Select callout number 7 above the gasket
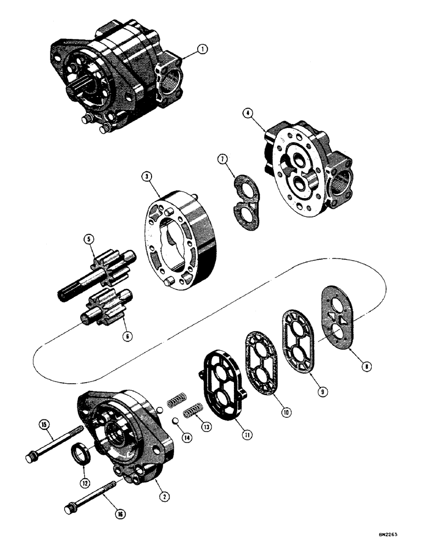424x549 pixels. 221,160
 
